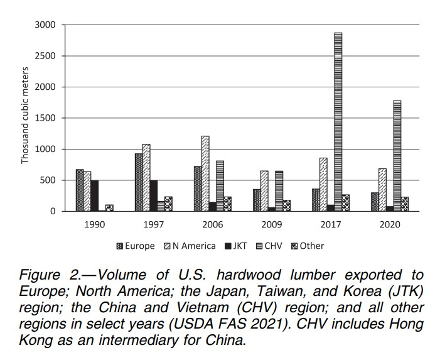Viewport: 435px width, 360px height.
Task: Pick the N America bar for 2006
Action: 205,173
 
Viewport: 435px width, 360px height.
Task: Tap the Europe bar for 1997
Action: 139,182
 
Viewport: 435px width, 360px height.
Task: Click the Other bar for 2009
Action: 286,205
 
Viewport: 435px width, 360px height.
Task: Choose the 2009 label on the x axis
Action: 271,224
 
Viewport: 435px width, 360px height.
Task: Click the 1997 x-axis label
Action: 153,224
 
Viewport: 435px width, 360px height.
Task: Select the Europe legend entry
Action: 136,246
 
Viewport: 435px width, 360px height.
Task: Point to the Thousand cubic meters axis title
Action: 26,117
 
